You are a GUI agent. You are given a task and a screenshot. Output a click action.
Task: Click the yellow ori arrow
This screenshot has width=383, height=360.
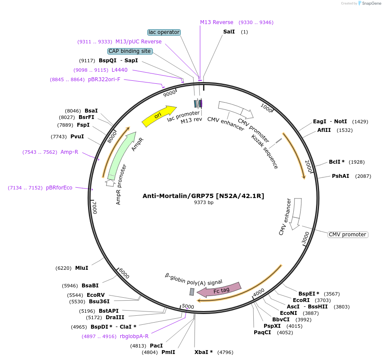(x=158, y=116)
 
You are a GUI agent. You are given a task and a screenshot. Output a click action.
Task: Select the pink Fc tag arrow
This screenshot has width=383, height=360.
(x=219, y=290)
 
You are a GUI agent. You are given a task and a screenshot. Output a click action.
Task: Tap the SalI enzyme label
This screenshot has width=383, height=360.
(x=229, y=32)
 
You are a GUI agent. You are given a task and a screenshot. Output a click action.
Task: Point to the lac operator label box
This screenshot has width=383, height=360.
(x=164, y=32)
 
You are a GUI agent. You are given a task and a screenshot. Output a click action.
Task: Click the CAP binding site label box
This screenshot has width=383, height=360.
(x=130, y=51)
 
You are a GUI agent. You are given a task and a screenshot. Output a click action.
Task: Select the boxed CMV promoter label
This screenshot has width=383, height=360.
(x=348, y=235)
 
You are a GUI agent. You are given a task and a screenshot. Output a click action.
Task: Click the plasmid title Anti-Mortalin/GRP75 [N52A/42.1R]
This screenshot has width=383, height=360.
(x=203, y=196)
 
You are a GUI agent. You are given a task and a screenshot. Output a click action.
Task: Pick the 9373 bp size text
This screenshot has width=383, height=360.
(x=204, y=203)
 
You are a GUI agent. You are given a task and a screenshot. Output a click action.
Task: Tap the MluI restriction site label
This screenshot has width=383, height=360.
(x=82, y=268)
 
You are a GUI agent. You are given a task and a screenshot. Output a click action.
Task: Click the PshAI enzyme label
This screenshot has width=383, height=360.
(x=340, y=176)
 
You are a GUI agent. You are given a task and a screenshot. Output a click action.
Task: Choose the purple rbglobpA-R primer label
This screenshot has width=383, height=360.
(x=134, y=336)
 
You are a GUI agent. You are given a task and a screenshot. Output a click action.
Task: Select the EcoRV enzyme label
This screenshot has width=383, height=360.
(x=96, y=295)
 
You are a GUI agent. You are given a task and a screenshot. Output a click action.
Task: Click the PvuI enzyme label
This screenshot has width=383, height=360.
(x=77, y=137)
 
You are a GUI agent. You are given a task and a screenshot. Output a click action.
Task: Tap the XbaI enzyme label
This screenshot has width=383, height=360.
(x=204, y=352)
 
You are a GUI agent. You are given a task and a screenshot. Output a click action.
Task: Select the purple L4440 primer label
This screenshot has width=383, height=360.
(x=119, y=70)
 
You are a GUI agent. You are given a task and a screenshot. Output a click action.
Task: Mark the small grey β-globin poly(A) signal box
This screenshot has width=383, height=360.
(x=192, y=292)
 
